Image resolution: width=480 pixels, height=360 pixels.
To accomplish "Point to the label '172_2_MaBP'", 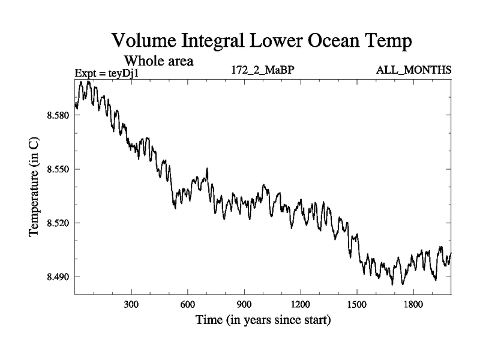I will click(x=262, y=70).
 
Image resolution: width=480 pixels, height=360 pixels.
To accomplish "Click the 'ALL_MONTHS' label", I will click(x=413, y=70).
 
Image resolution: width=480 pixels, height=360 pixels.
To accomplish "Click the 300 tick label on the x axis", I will click(x=131, y=304).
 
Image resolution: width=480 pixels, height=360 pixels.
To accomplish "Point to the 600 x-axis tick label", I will click(x=187, y=304).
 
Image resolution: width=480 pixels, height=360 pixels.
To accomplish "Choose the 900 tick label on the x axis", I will click(x=244, y=304).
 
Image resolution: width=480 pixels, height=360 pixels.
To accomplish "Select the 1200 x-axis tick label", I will click(x=300, y=304).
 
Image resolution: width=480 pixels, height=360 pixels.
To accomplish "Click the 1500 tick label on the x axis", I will click(x=356, y=304).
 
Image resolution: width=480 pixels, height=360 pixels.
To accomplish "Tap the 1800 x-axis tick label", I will click(x=413, y=304).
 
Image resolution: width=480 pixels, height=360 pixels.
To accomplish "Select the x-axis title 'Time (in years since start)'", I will click(x=263, y=321).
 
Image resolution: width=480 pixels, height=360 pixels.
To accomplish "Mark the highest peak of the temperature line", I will click(x=88, y=81).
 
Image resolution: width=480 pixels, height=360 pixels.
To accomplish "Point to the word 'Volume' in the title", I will click(x=143, y=41).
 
